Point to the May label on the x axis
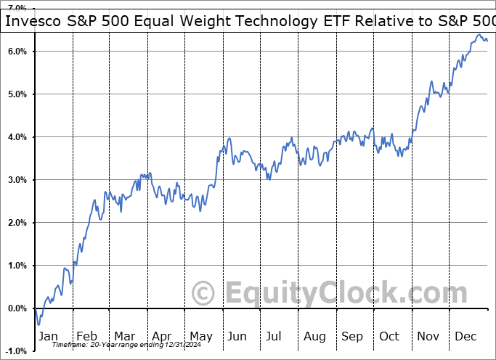[x=201, y=336]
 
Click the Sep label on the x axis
[x=352, y=336]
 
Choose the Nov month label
[x=428, y=336]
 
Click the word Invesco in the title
[x=31, y=22]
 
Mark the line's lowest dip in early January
[x=38, y=324]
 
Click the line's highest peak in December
[x=479, y=35]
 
